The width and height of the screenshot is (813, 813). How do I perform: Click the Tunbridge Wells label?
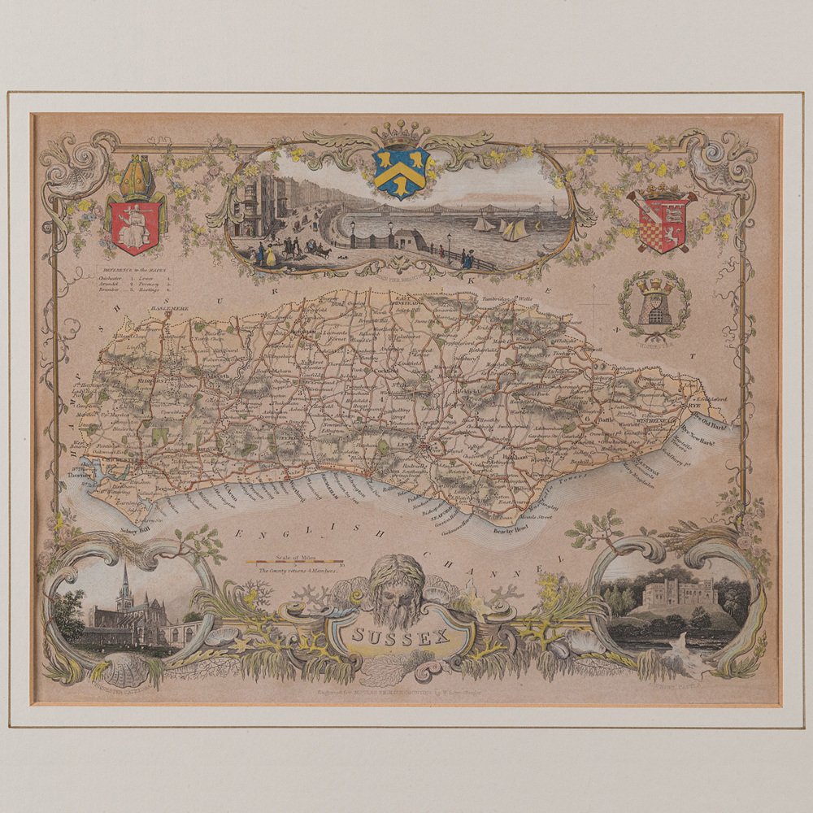tap(509, 301)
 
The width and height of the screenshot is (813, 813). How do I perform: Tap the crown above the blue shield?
tap(401, 131)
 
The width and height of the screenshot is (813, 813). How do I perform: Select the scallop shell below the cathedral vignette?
tap(130, 669)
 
